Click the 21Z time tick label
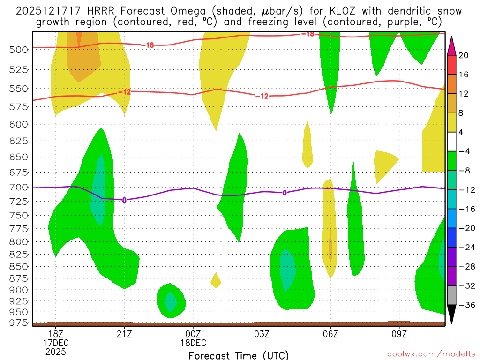124,334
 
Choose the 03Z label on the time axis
262,334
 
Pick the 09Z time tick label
399,334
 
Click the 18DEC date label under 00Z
193,343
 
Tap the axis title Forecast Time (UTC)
239,355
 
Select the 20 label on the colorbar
464,55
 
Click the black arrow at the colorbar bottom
452,314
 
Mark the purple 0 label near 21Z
124,200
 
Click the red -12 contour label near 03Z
262,96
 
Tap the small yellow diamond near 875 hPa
216,280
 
